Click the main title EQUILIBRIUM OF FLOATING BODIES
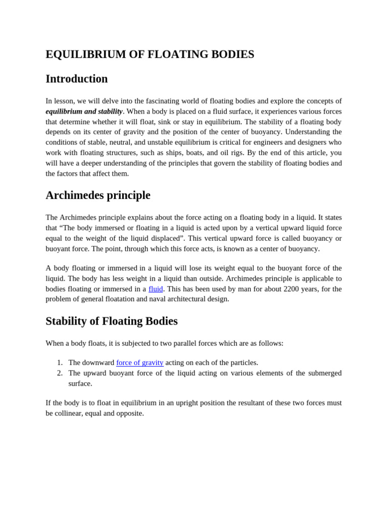[150, 55]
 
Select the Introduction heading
[76, 79]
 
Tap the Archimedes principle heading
[98, 195]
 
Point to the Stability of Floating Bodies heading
[111, 321]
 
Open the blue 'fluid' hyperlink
[156, 289]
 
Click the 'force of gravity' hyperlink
[139, 363]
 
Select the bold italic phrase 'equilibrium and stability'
[84, 111]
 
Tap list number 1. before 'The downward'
[60, 363]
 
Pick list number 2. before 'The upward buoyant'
[60, 373]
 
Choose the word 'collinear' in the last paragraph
[71, 413]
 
